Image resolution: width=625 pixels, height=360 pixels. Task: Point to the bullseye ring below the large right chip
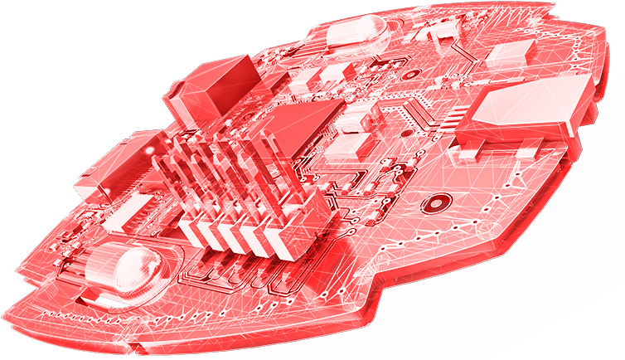click(x=435, y=203)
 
